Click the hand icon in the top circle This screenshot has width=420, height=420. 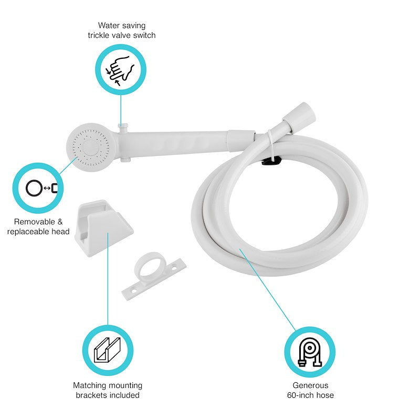[121, 69]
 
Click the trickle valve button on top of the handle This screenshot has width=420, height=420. [123, 127]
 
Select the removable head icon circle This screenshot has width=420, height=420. [38, 188]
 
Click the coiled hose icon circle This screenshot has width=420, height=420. [310, 351]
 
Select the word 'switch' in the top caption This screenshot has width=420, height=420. [144, 35]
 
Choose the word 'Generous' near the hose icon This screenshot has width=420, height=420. [310, 385]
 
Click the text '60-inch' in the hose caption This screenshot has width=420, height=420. [300, 395]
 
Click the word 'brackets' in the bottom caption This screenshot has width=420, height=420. [91, 395]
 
